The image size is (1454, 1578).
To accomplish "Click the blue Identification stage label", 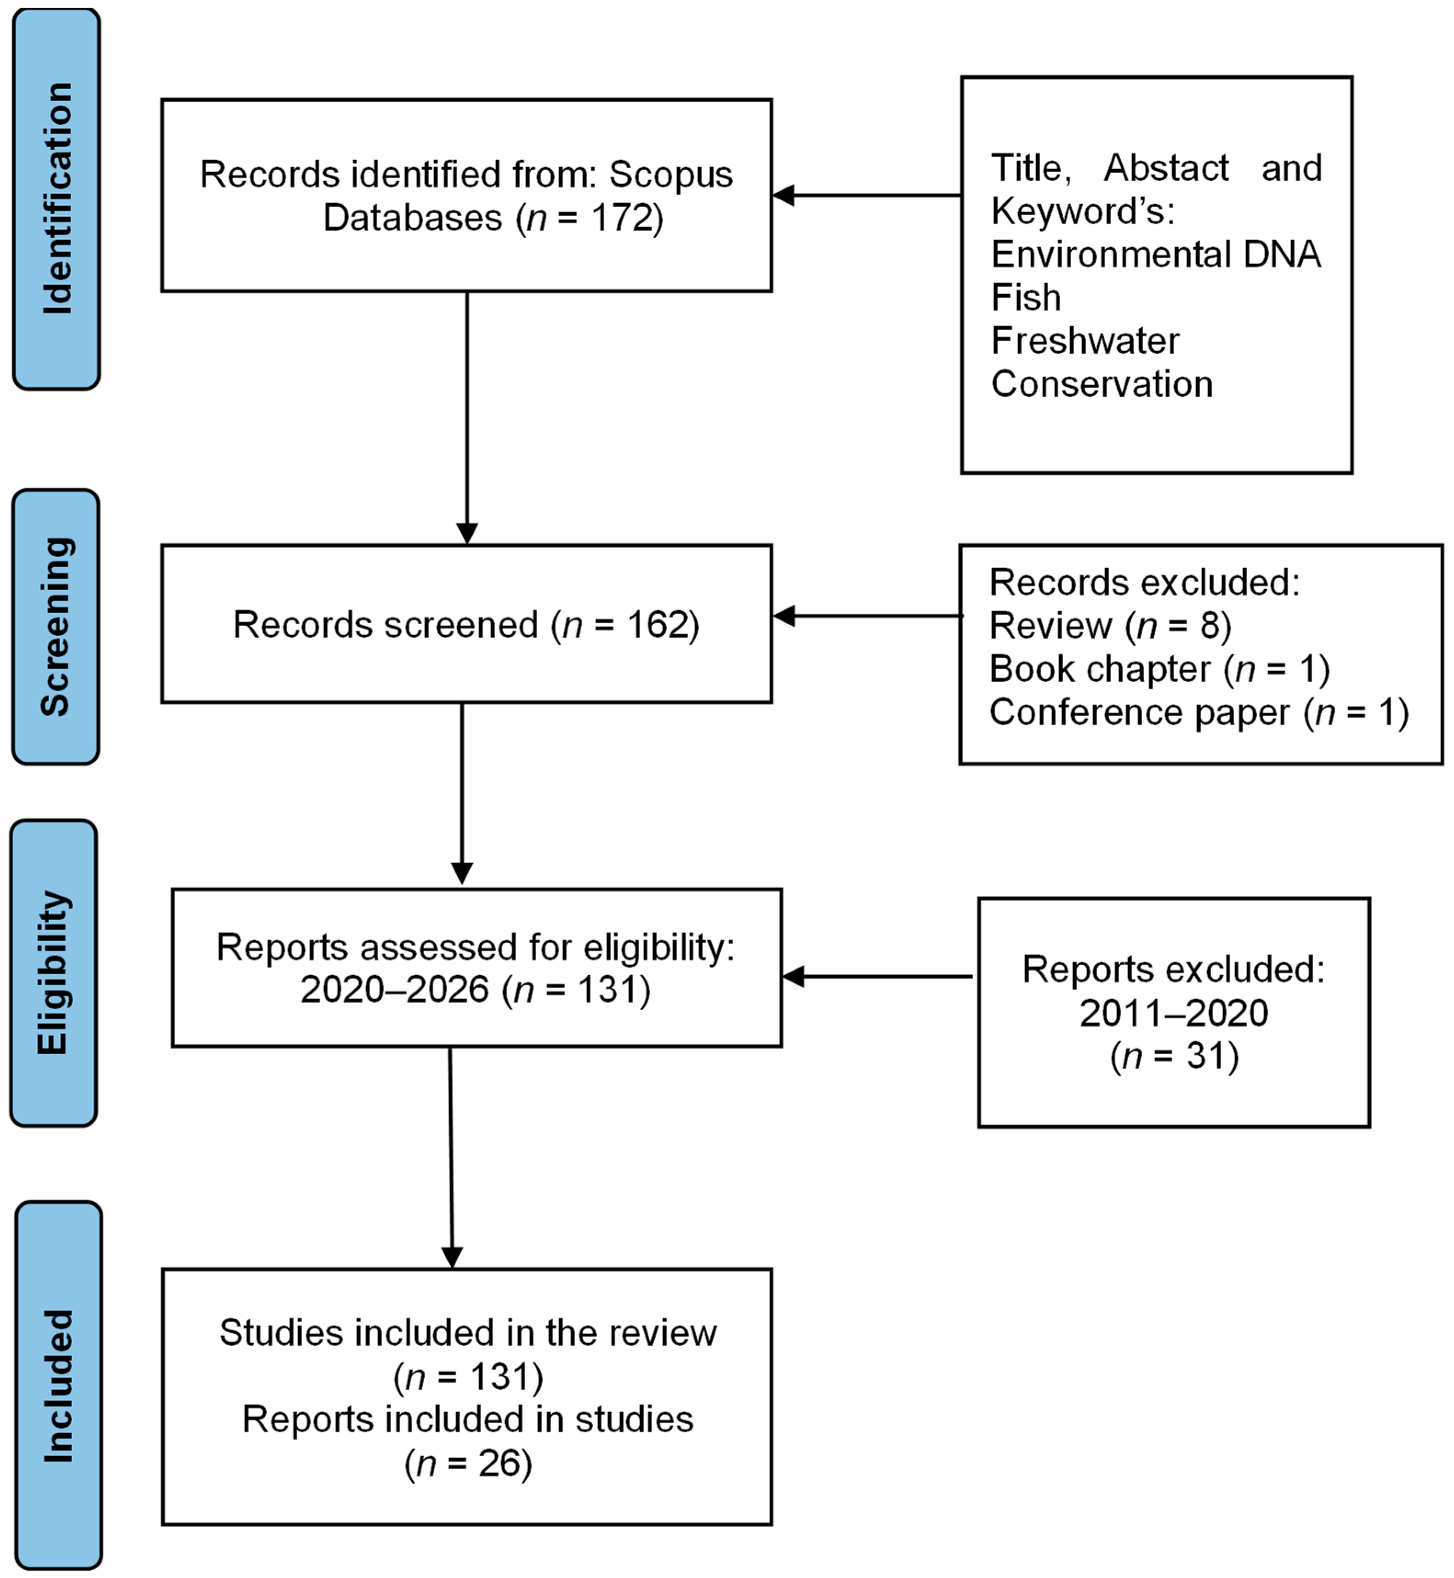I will (x=57, y=198).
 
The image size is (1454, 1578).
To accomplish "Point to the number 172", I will (x=622, y=218).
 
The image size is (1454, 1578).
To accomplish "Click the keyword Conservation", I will (x=1102, y=384).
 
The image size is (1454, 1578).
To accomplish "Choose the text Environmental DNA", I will (x=1155, y=254).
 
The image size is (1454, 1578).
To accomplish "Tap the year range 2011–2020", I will (x=1173, y=1012).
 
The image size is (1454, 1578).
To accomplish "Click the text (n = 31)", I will (x=1174, y=1056).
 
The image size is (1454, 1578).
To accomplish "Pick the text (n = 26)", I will (x=468, y=1463).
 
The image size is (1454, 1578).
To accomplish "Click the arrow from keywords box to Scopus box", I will (x=865, y=195).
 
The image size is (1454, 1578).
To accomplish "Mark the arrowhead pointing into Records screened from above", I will (x=467, y=533).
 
